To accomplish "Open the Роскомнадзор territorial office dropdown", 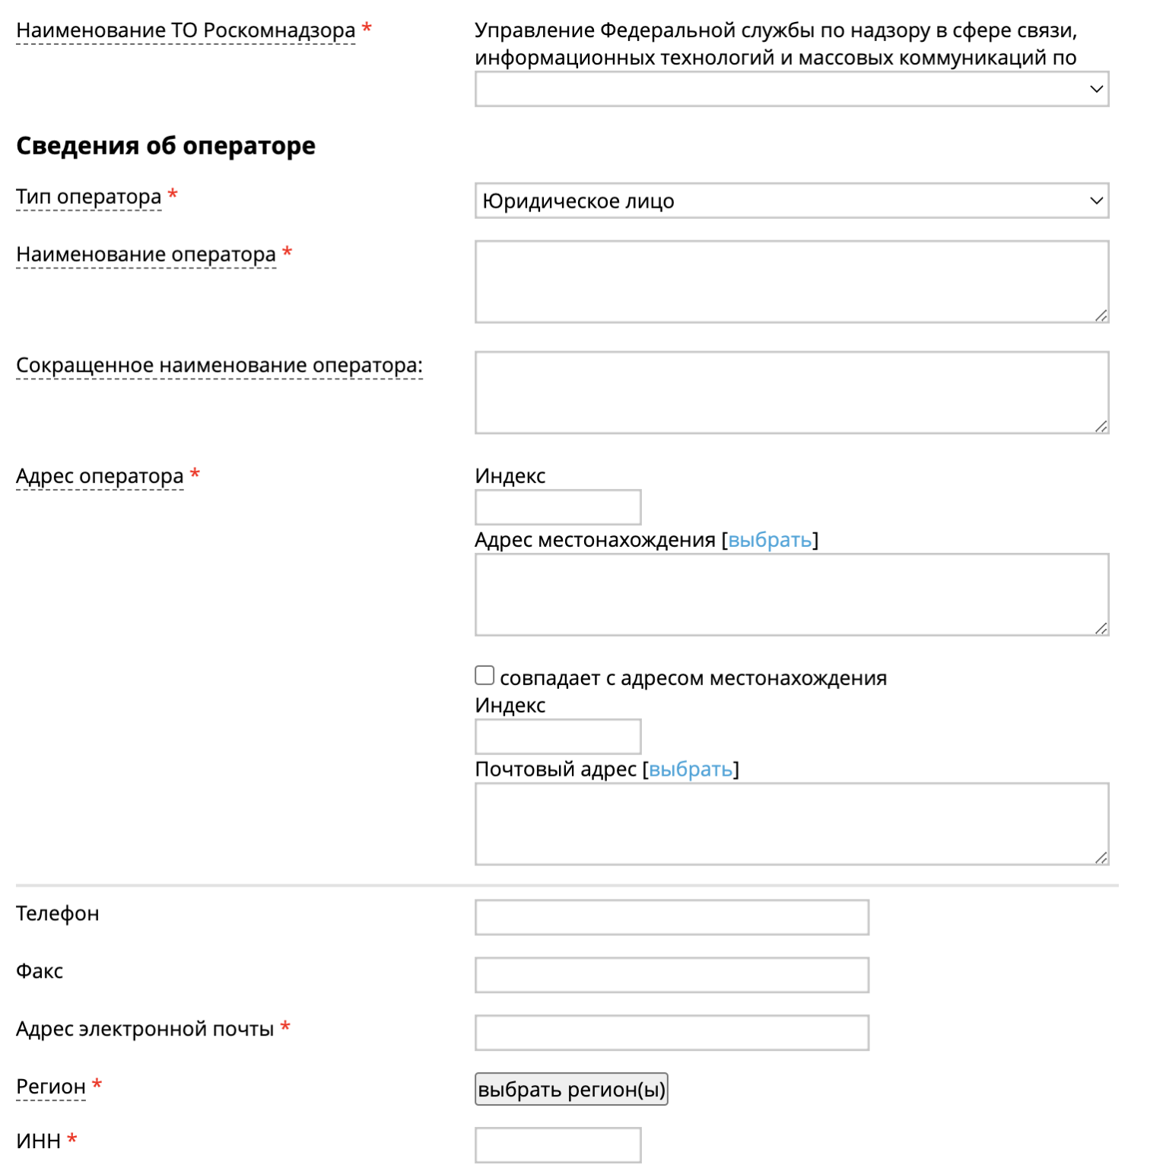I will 791,89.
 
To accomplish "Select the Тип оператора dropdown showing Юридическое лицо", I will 791,201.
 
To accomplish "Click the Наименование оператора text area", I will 791,281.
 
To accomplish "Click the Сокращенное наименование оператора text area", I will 791,392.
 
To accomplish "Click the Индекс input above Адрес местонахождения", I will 558,507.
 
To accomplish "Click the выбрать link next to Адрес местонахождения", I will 770,540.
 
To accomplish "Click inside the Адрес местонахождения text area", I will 791,595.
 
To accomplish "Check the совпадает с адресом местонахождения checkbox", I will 484,675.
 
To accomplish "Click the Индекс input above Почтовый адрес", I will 558,736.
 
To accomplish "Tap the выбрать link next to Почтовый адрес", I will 691,770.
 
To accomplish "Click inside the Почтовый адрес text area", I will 791,824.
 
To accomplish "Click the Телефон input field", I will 672,917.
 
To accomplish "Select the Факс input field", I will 672,975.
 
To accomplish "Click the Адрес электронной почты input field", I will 672,1033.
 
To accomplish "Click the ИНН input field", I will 558,1144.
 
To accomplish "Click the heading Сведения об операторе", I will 166,145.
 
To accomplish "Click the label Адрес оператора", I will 100,476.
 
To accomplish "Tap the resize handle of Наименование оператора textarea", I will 1101,315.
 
